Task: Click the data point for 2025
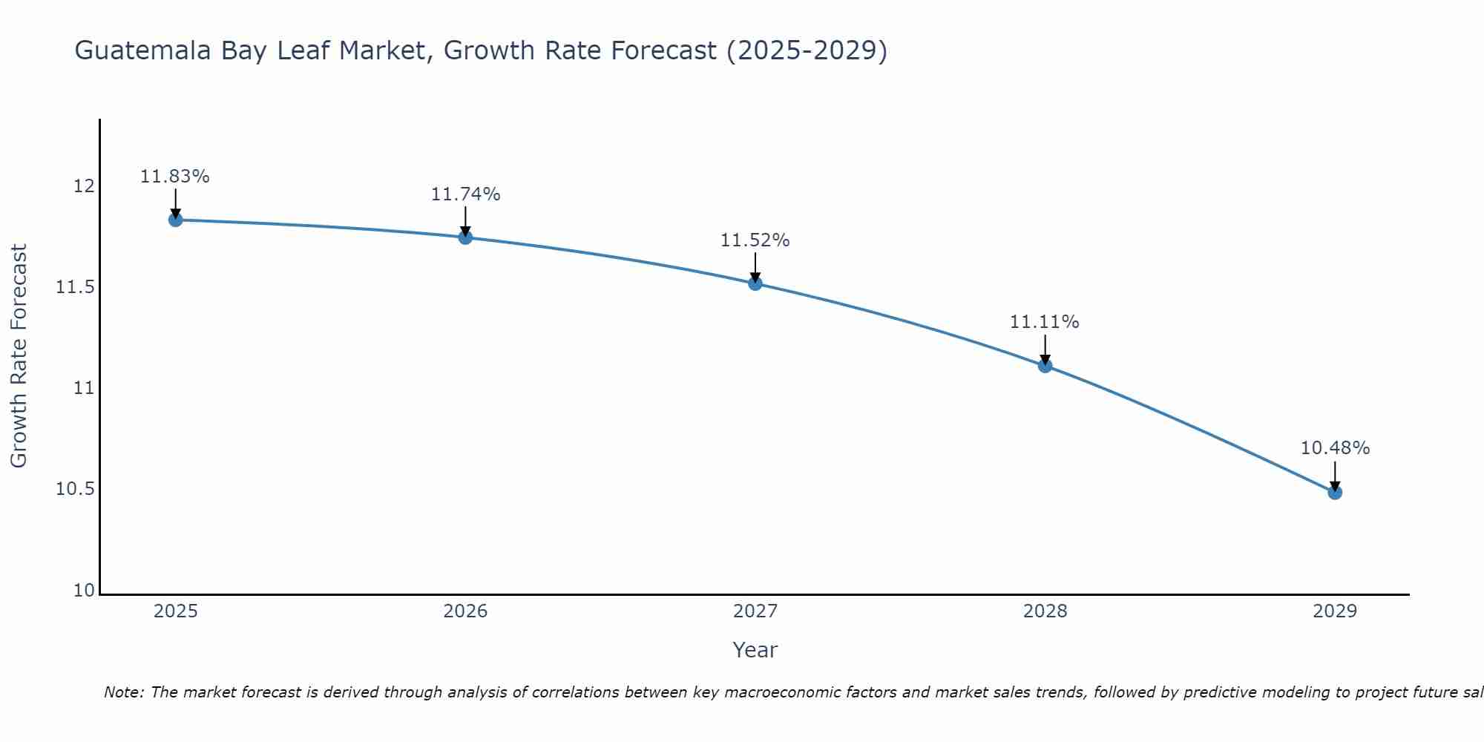(x=176, y=220)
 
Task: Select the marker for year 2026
(x=465, y=237)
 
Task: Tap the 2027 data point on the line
(x=755, y=283)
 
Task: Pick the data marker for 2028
(x=1045, y=365)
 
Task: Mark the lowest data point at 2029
(x=1335, y=492)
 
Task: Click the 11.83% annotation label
(x=175, y=177)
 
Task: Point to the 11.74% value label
(x=465, y=194)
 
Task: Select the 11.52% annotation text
(x=755, y=240)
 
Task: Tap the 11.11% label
(x=1044, y=322)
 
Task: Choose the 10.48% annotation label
(x=1335, y=448)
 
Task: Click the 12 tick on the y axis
(x=84, y=185)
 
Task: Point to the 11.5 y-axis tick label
(x=76, y=287)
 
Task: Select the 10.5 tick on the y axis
(x=76, y=489)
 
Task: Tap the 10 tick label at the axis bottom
(x=84, y=591)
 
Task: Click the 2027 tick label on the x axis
(x=755, y=611)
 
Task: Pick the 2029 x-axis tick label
(x=1335, y=611)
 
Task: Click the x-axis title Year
(x=755, y=650)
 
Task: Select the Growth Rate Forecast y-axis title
(x=19, y=355)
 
